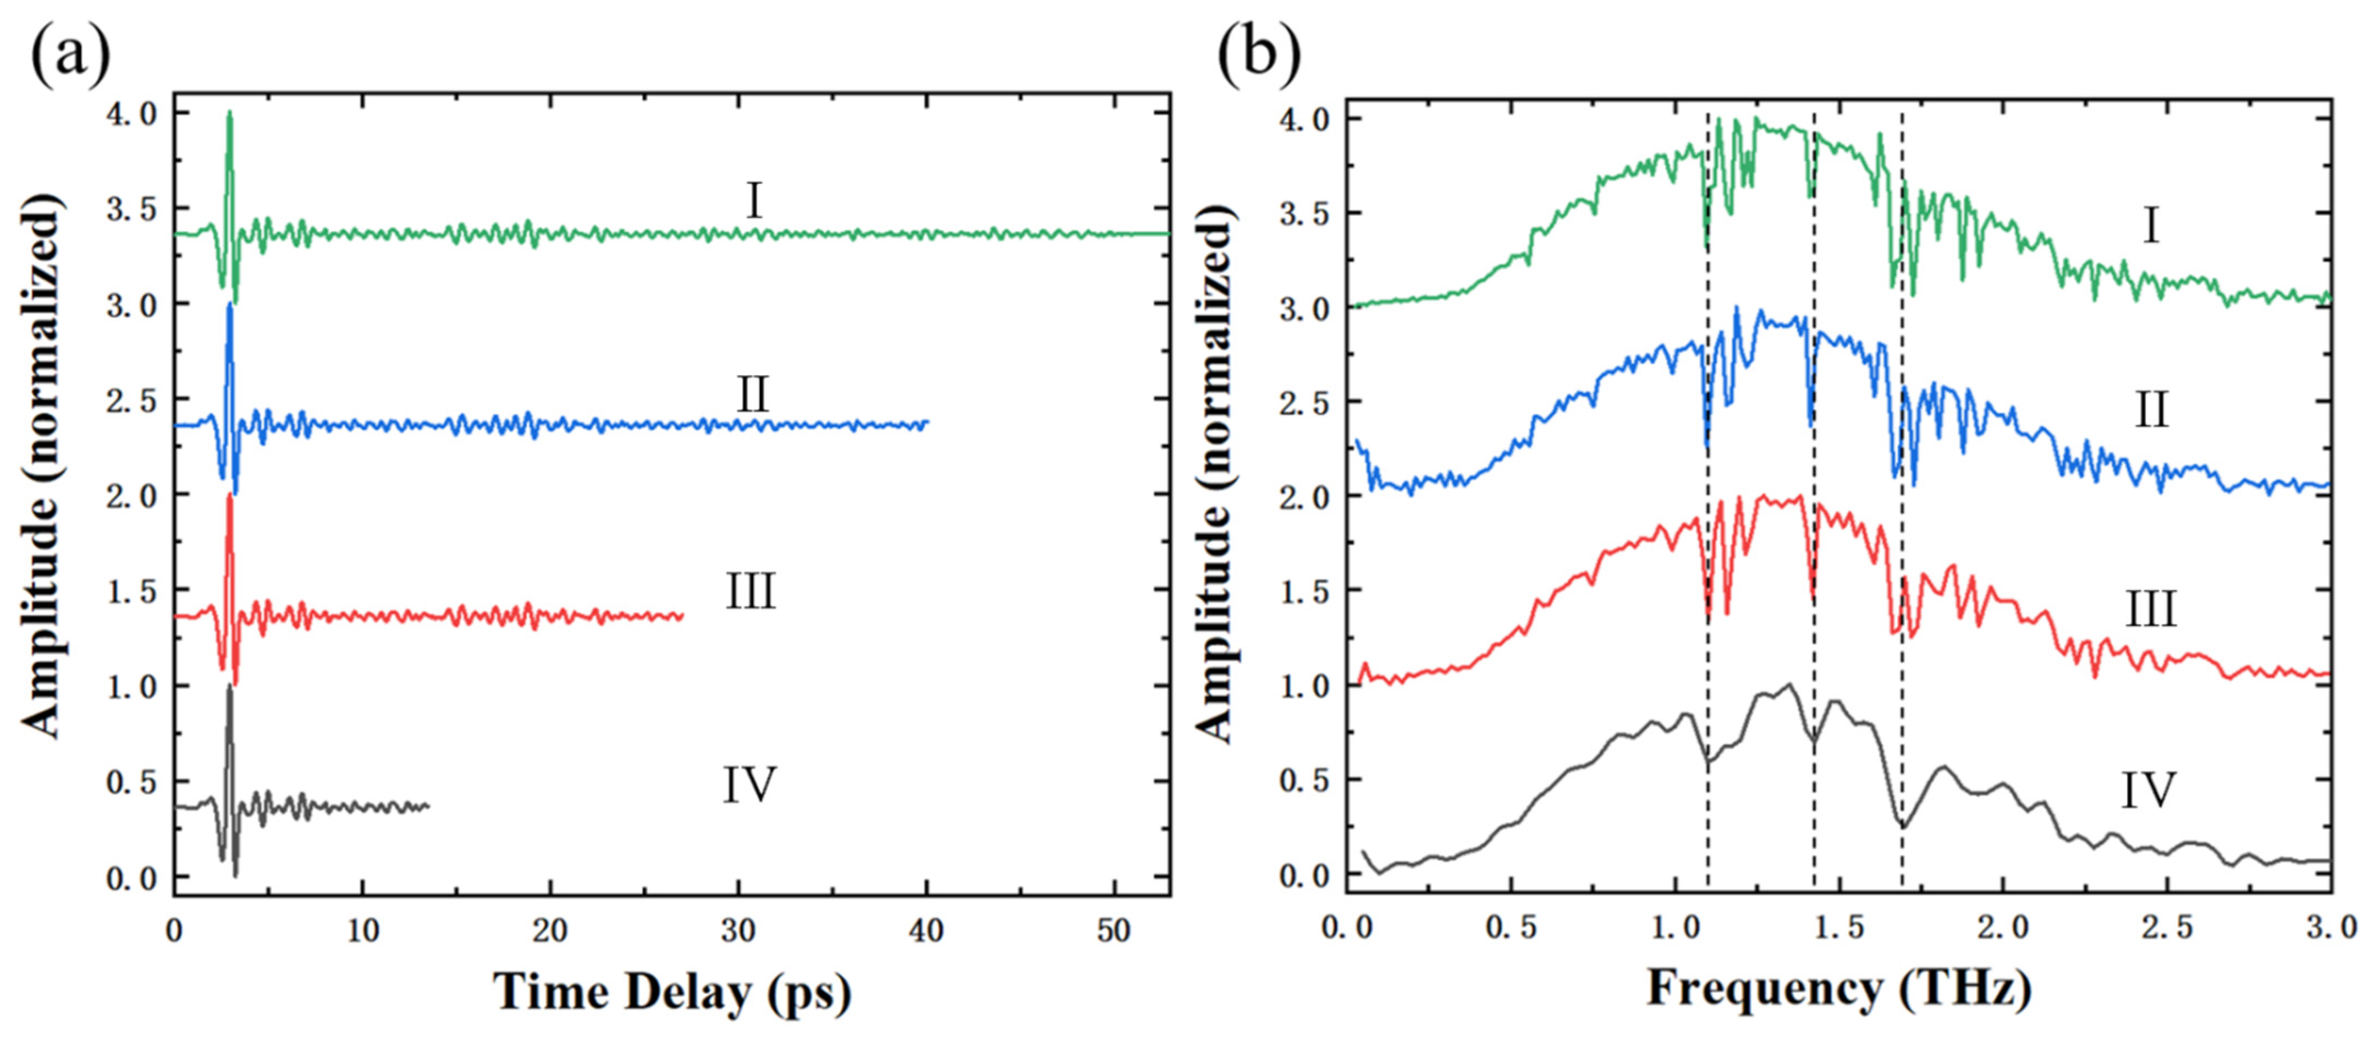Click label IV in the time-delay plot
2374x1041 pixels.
click(x=748, y=786)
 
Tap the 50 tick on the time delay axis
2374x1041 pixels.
click(x=1113, y=932)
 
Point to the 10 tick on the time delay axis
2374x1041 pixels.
click(x=362, y=932)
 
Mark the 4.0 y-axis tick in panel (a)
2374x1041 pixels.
click(x=132, y=114)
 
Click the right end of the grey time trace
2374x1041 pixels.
click(x=428, y=807)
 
